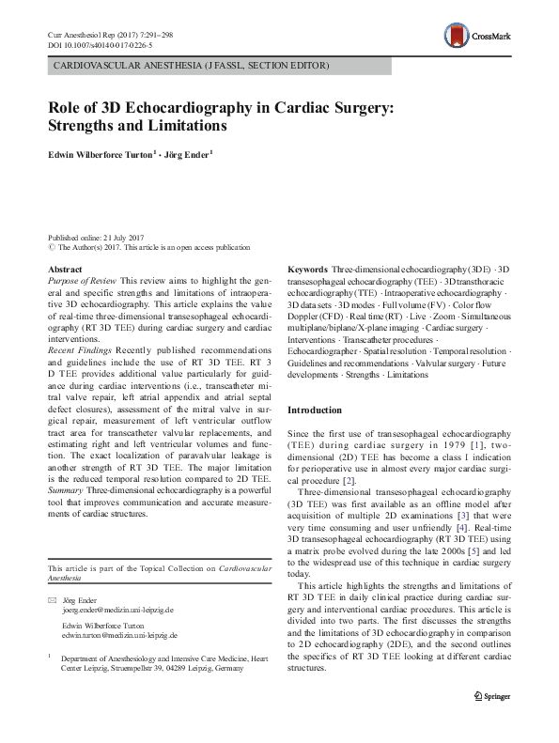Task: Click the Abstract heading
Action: point(64,270)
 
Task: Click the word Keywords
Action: point(307,270)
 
